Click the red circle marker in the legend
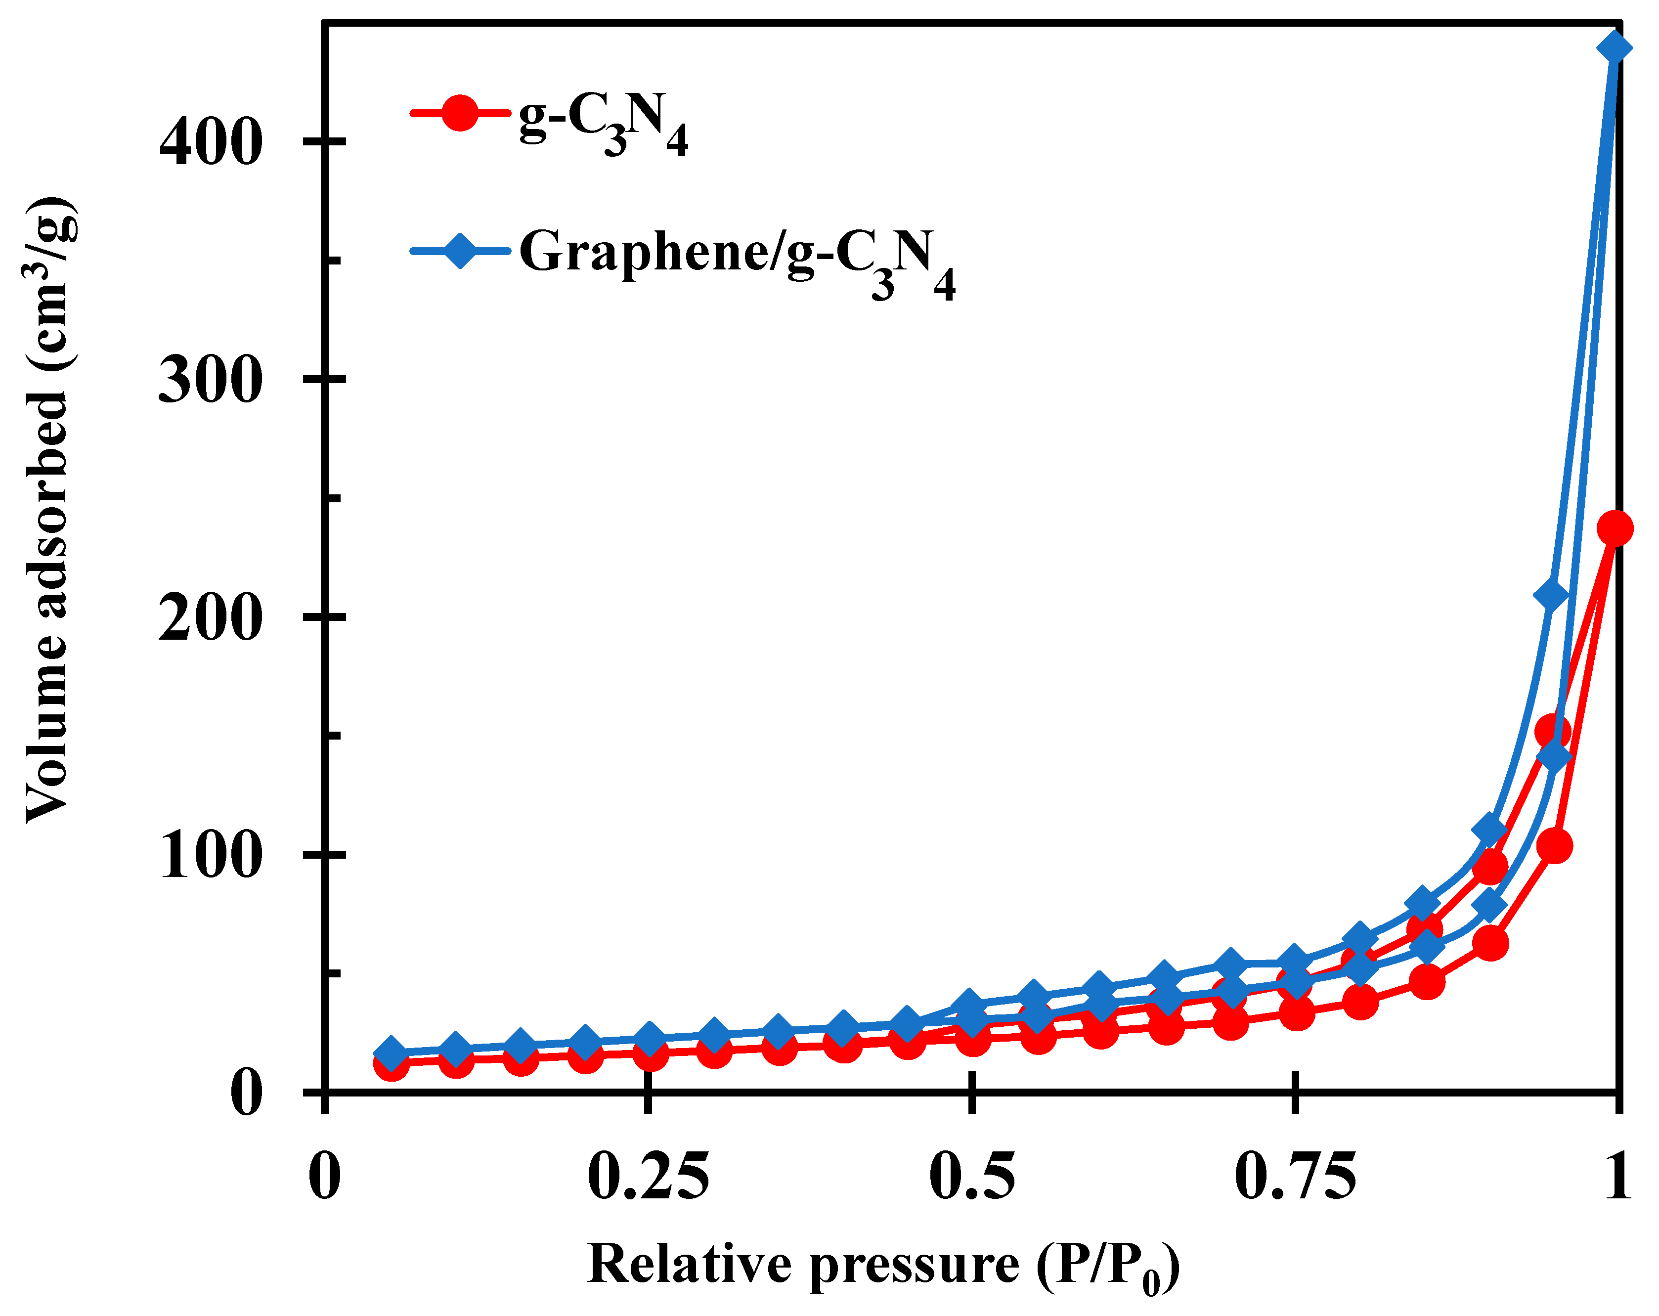click(x=459, y=114)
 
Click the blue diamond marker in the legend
click(x=459, y=250)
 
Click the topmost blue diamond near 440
click(x=1614, y=48)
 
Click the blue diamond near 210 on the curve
click(x=1552, y=596)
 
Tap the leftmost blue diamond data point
click(x=391, y=1053)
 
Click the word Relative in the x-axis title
click(x=689, y=1265)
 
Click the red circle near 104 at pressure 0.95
click(x=1554, y=846)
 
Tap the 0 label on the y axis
click(x=246, y=1094)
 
